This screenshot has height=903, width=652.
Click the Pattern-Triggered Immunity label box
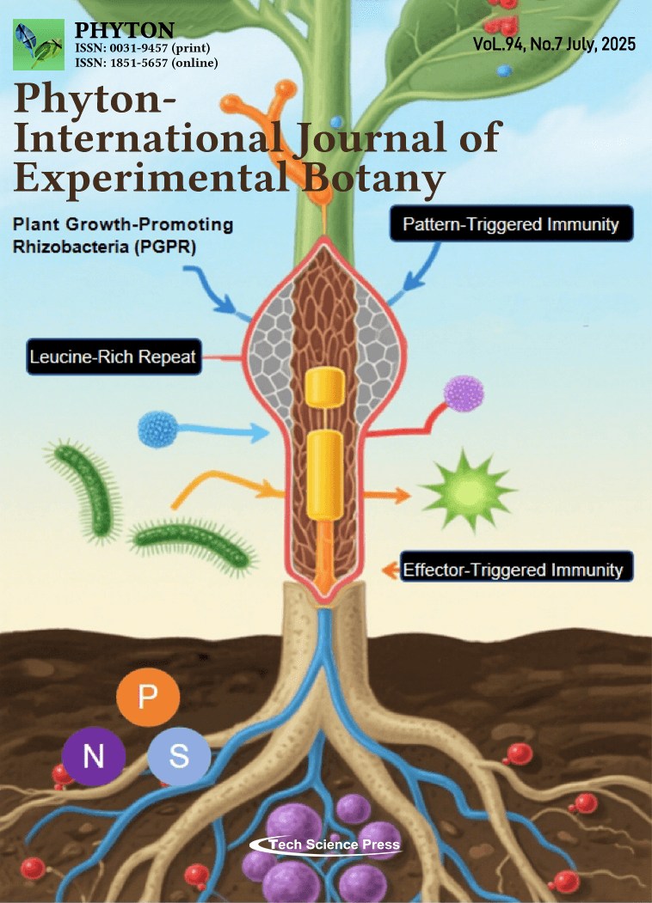[512, 225]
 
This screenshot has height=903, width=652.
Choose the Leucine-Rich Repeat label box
[113, 357]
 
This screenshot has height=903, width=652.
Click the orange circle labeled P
[148, 694]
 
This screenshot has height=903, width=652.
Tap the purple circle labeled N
[94, 757]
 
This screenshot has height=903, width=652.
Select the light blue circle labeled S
[179, 757]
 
